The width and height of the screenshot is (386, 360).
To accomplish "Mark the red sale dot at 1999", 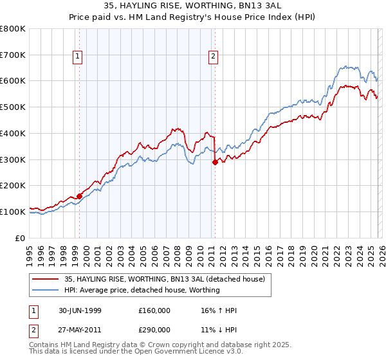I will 80,196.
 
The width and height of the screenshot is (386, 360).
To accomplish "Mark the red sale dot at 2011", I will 215,163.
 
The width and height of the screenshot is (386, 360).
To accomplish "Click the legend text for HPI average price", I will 142,290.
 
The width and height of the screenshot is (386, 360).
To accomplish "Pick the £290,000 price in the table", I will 155,329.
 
